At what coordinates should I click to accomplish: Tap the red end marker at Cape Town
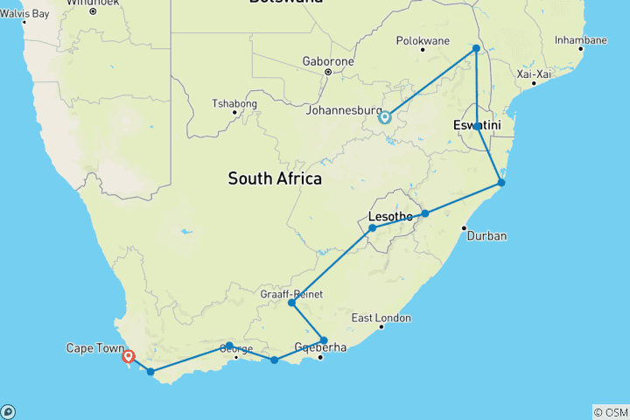click(x=129, y=356)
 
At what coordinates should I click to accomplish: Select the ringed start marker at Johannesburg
click(x=384, y=116)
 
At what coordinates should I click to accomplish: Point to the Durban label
click(x=486, y=235)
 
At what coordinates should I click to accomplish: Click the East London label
click(x=381, y=318)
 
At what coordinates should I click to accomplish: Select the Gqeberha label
click(x=320, y=347)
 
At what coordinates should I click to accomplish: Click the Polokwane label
click(x=423, y=40)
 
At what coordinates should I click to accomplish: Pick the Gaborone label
click(x=328, y=61)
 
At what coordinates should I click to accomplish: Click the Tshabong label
click(x=234, y=103)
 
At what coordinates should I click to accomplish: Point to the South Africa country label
click(x=275, y=178)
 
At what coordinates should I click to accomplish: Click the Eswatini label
click(x=477, y=127)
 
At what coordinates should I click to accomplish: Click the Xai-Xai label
click(x=534, y=74)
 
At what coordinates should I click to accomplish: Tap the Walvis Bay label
click(x=24, y=13)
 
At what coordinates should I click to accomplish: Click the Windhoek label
click(x=92, y=3)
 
